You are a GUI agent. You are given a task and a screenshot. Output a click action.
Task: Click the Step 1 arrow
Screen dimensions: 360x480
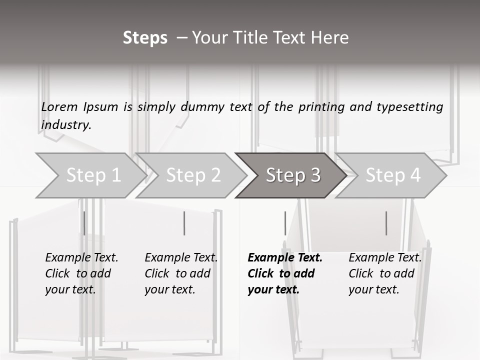pyautogui.click(x=90, y=175)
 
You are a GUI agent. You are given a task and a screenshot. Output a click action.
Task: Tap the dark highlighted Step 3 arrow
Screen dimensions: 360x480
pyautogui.click(x=293, y=175)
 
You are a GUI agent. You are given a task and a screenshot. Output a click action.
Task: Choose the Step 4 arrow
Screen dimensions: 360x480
pyautogui.click(x=393, y=175)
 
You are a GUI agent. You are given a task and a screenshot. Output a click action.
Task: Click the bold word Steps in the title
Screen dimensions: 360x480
pyautogui.click(x=145, y=37)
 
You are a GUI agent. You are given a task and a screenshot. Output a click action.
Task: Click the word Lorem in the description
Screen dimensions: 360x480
pyautogui.click(x=59, y=106)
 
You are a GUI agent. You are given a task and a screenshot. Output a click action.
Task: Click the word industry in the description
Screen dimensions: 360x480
pyautogui.click(x=65, y=124)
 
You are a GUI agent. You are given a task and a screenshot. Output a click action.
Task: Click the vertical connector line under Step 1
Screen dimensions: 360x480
pyautogui.click(x=84, y=223)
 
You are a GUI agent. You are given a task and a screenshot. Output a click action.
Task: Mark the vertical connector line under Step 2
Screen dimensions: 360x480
pyautogui.click(x=184, y=223)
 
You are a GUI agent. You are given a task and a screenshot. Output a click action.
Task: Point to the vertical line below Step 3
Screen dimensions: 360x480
pyautogui.click(x=285, y=223)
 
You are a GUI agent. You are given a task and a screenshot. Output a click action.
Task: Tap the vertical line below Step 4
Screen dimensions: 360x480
pyautogui.click(x=386, y=223)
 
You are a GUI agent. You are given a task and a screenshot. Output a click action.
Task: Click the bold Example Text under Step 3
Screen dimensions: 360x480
pyautogui.click(x=285, y=257)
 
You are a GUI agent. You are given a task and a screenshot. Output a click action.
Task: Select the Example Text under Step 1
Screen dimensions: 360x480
pyautogui.click(x=81, y=257)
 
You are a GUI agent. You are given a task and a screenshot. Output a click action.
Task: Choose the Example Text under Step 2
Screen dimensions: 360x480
pyautogui.click(x=181, y=257)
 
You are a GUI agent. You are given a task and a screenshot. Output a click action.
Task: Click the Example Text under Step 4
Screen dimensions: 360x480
pyautogui.click(x=385, y=257)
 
